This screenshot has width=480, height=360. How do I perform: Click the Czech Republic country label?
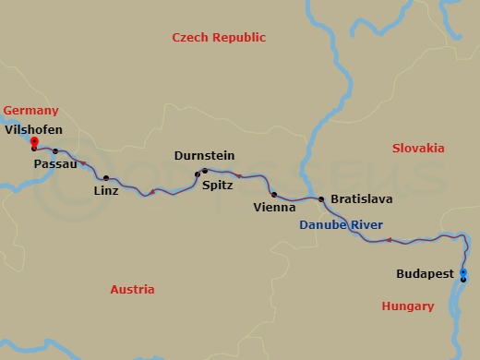tap(219, 38)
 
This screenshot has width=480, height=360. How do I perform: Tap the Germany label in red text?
tap(30, 110)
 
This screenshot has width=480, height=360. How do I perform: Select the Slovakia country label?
tap(417, 148)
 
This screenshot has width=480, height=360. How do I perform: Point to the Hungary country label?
tap(407, 306)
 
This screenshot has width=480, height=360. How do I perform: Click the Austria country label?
tap(132, 289)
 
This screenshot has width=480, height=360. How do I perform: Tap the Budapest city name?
tap(425, 274)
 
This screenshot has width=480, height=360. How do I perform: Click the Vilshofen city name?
tap(34, 130)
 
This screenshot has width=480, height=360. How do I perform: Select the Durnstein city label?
tap(203, 156)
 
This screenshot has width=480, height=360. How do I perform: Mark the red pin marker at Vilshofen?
tap(34, 141)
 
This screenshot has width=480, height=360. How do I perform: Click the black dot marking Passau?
tap(55, 151)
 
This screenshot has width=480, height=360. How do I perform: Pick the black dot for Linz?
tap(106, 177)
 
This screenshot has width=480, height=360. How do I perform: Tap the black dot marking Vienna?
tap(274, 195)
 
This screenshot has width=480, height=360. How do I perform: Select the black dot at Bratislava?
tap(321, 198)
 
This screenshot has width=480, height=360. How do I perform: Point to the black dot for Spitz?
tap(197, 174)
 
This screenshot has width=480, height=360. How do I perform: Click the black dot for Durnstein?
tap(205, 171)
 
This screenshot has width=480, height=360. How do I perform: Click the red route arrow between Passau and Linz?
tap(83, 163)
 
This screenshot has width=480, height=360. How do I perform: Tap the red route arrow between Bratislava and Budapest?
tap(389, 241)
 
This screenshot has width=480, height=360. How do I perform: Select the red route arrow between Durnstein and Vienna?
tap(239, 175)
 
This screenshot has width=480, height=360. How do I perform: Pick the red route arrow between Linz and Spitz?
tap(151, 192)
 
